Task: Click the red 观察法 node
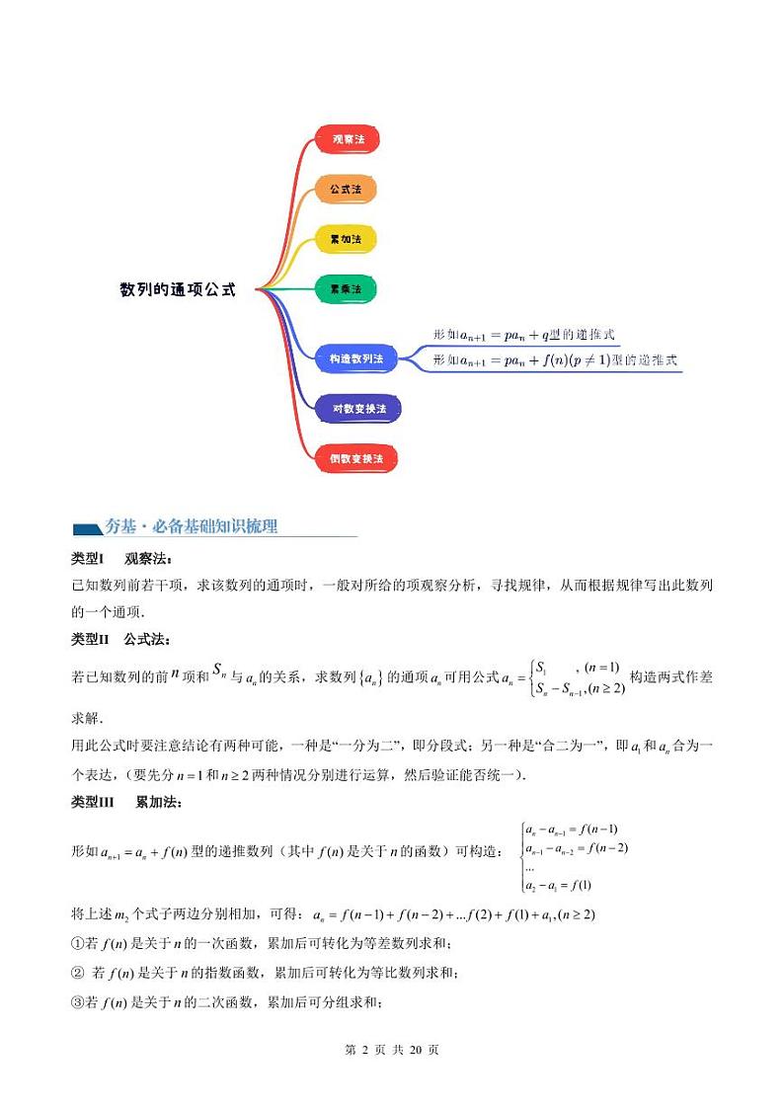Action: [x=348, y=139]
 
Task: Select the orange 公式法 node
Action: [x=346, y=188]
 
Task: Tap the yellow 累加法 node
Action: [x=346, y=239]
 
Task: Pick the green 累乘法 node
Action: [x=346, y=288]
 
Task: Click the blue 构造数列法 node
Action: [x=355, y=358]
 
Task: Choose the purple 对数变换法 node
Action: [x=358, y=408]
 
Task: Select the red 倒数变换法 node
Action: [x=356, y=458]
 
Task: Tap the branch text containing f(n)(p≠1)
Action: [x=555, y=361]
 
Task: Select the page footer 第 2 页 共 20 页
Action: [x=392, y=1050]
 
